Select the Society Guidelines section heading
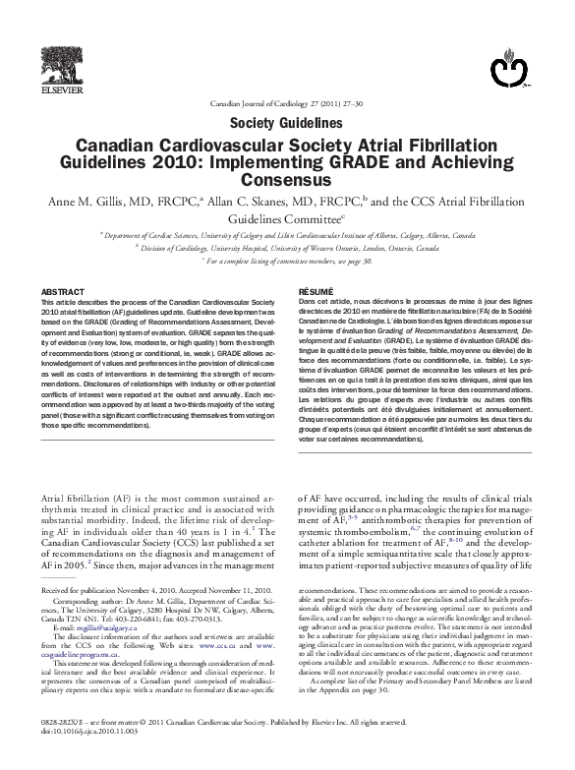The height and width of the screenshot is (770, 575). coord(286,123)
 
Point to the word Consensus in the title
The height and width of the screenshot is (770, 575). coord(286,181)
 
